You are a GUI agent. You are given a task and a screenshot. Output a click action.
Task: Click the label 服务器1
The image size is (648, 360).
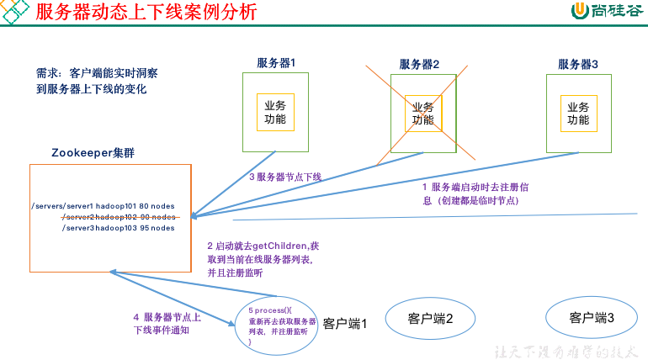276,63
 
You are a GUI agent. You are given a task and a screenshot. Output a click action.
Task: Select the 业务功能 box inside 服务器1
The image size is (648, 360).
275,113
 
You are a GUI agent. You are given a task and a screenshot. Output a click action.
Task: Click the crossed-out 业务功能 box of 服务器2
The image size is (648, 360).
423,113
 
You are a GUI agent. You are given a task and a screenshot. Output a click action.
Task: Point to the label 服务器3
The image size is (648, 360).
578,64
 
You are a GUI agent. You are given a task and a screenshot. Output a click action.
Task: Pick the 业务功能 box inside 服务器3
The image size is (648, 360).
578,113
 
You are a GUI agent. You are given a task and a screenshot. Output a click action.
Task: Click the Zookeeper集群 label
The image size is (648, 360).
93,153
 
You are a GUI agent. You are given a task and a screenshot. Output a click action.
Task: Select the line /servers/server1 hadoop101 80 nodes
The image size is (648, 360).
102,205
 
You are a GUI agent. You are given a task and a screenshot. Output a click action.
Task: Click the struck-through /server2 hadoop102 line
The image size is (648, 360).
119,216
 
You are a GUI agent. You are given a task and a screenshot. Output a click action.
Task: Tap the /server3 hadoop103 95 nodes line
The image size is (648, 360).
119,227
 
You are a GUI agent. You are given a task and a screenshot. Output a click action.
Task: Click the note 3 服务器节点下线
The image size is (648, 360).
285,177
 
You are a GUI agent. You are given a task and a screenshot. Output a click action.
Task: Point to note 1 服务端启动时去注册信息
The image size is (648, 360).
475,193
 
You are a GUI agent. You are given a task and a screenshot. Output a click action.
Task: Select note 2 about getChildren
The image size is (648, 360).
263,259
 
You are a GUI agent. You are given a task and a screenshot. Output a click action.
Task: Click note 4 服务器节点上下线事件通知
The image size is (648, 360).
167,323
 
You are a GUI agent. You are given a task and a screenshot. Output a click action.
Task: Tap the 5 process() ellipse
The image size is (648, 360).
282,326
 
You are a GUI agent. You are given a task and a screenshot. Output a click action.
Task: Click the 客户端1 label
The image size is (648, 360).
346,323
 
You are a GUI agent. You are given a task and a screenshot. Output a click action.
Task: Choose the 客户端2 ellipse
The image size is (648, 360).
431,318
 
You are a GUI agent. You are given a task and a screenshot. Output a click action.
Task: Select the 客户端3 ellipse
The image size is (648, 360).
592,317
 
